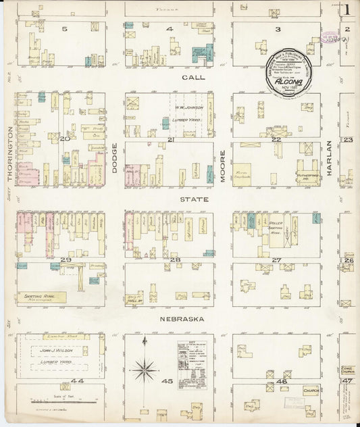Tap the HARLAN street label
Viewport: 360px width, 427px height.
tap(330, 157)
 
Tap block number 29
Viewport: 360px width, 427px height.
tap(66, 259)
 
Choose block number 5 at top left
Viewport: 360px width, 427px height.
tap(64, 29)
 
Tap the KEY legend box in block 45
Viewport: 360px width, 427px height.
tap(196, 366)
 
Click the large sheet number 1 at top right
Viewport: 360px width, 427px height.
tap(346, 10)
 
